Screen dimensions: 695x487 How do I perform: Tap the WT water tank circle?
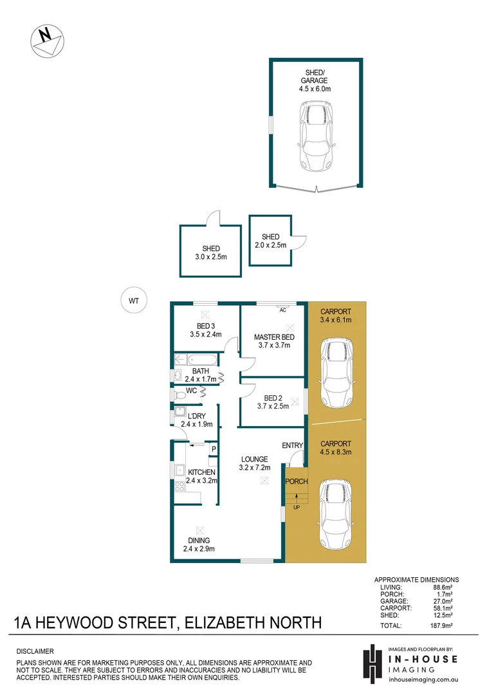134,300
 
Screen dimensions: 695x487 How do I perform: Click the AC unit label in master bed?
282,310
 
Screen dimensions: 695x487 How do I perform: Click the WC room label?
191,391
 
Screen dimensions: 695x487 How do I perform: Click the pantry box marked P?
213,449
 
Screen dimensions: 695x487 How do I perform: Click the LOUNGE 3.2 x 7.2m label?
255,463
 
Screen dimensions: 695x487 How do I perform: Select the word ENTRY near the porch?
293,445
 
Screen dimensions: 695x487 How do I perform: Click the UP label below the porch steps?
297,507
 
